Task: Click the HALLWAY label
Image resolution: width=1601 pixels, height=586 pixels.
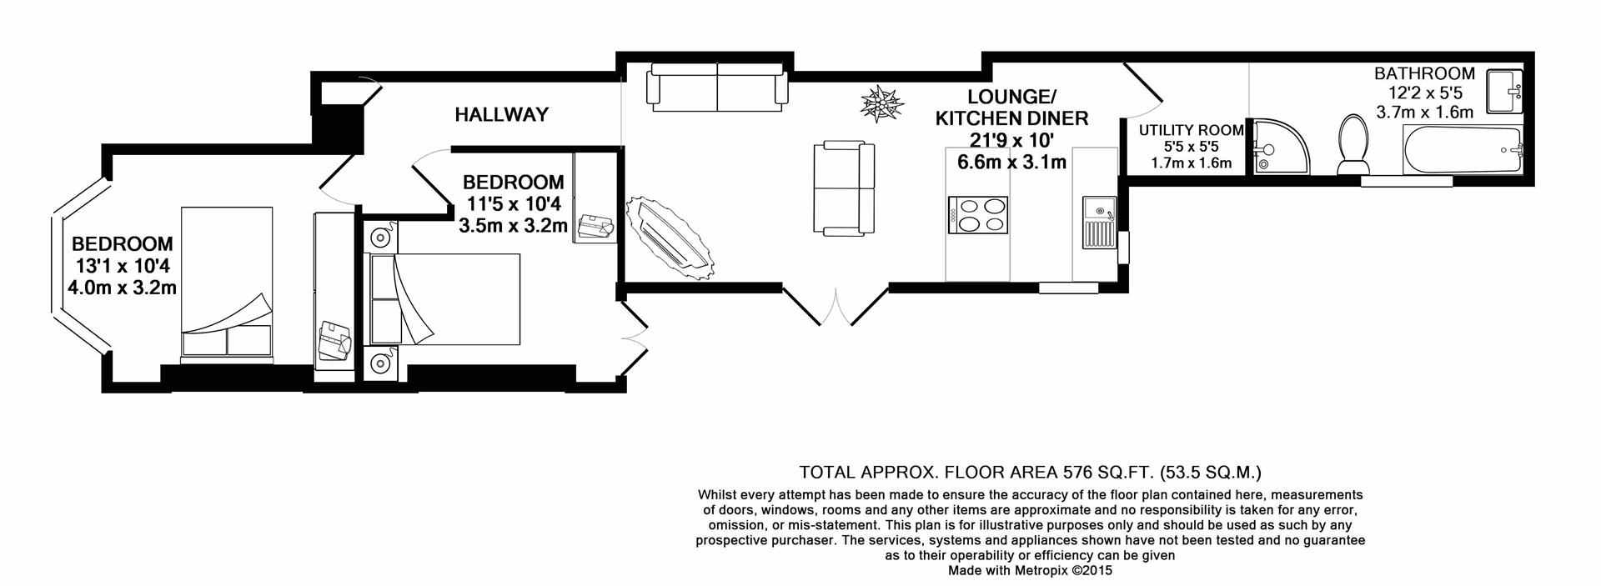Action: [x=501, y=115]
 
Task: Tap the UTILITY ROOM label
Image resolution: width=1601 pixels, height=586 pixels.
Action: [x=1191, y=130]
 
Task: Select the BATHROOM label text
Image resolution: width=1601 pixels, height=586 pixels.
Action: [x=1424, y=73]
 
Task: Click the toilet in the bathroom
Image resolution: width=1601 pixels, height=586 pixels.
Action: [x=1352, y=145]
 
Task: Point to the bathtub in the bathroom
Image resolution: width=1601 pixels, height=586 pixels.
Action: [x=1463, y=151]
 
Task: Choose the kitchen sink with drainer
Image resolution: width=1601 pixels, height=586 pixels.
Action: [x=1098, y=223]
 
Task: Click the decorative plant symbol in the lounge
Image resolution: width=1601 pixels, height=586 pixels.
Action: [x=881, y=105]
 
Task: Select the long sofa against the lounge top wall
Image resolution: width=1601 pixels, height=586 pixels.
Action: [x=718, y=87]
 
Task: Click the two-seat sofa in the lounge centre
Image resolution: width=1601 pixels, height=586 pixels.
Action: [x=844, y=188]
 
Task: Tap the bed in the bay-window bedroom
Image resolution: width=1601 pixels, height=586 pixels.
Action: [x=227, y=283]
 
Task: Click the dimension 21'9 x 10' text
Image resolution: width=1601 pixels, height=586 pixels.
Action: [x=1011, y=142]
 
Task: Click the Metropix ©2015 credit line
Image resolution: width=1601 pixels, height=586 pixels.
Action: [x=1030, y=571]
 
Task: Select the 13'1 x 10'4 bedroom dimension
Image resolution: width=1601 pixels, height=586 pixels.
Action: [x=123, y=267]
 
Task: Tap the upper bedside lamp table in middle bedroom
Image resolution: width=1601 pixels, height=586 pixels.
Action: [x=382, y=237]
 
